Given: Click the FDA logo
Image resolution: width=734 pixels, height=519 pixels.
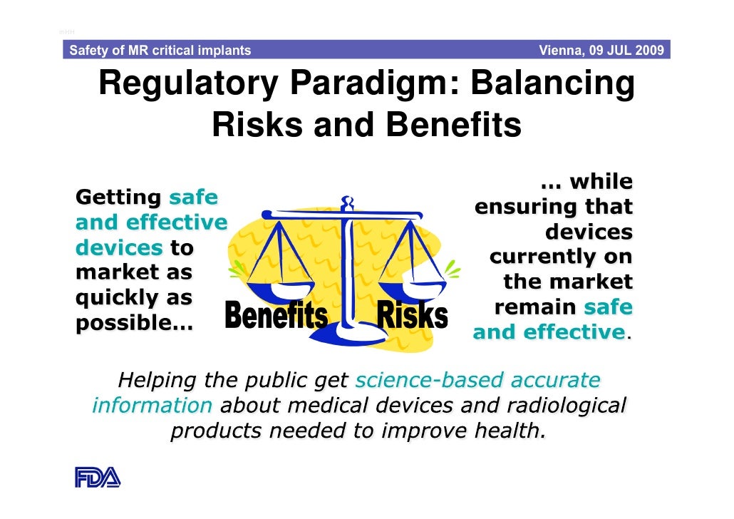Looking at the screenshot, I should point(98,476).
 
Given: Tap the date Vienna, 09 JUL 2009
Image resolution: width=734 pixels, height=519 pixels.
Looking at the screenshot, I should point(601,51).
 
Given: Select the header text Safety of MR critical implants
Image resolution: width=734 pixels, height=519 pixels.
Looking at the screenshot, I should point(160,51).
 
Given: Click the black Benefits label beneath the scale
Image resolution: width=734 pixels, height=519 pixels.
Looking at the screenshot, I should point(276,316).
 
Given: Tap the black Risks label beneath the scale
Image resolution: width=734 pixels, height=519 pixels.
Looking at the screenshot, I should point(412,316).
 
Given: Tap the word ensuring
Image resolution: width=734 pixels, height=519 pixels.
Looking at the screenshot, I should point(517,207).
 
